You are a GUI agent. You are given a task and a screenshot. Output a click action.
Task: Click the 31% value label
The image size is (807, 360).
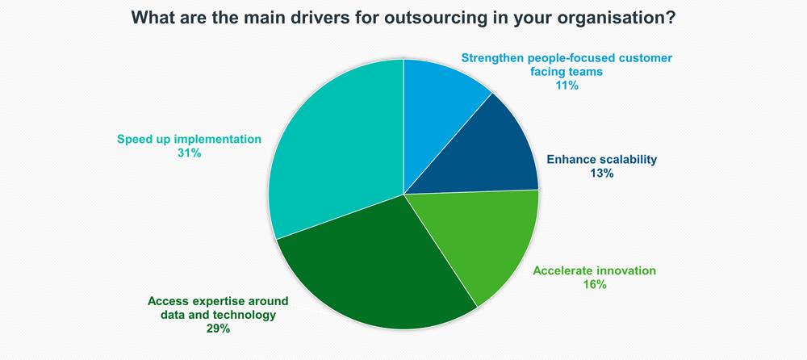click(189, 153)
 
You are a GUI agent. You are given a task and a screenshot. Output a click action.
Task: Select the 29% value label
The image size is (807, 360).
click(218, 329)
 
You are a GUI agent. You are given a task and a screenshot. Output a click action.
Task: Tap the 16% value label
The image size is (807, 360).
click(595, 284)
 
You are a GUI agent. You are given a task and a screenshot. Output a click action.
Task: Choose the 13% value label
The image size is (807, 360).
click(602, 174)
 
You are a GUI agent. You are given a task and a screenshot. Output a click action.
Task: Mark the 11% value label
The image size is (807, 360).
click(567, 86)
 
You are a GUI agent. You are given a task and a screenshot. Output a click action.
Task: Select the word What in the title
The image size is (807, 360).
click(149, 18)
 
